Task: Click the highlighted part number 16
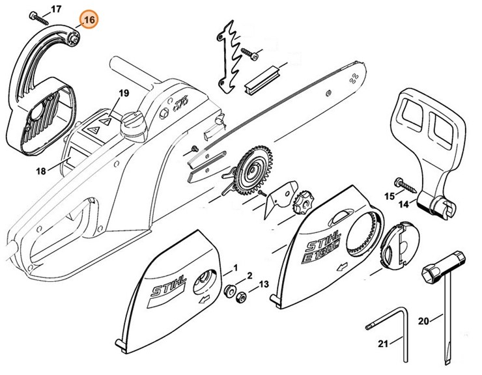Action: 89,20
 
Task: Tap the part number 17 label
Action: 56,8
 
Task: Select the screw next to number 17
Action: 39,16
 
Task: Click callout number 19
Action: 124,94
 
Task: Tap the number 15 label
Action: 390,195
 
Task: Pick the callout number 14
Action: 404,204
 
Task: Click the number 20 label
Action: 424,320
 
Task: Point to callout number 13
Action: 263,285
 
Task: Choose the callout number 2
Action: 249,276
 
